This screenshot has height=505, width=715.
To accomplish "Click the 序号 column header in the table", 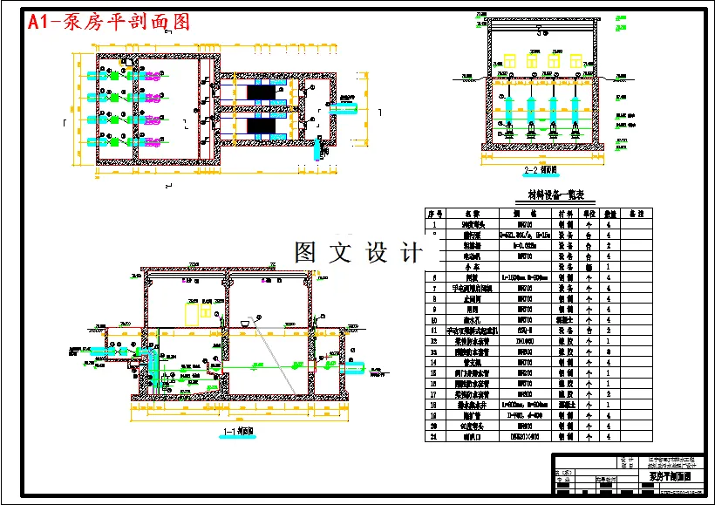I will coord(435,213).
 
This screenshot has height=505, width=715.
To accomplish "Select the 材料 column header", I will coord(566,213).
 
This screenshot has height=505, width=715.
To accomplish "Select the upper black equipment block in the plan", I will coord(262,92).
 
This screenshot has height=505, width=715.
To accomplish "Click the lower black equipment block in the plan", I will coord(262,127).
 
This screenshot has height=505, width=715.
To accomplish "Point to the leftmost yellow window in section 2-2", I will coord(508,60).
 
